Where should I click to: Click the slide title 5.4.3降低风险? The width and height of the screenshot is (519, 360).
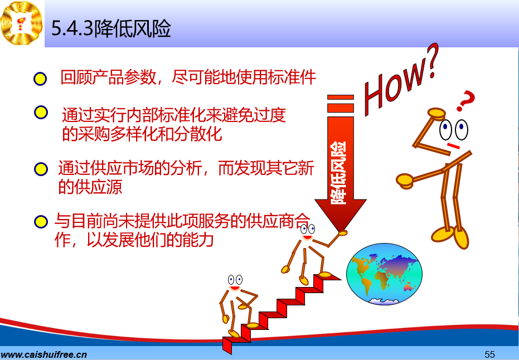pyautogui.click(x=111, y=28)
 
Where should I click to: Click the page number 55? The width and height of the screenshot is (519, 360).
pyautogui.click(x=489, y=354)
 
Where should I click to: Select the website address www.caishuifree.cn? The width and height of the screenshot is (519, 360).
pyautogui.click(x=43, y=354)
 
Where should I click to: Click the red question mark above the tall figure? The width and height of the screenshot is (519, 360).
pyautogui.click(x=465, y=100)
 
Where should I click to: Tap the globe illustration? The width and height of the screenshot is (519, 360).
pyautogui.click(x=384, y=274)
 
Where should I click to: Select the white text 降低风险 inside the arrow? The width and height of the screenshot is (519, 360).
pyautogui.click(x=338, y=173)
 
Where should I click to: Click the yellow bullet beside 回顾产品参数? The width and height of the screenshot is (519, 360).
pyautogui.click(x=40, y=79)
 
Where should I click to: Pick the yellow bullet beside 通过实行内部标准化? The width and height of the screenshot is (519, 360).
pyautogui.click(x=41, y=113)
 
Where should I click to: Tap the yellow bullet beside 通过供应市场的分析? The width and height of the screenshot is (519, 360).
pyautogui.click(x=41, y=169)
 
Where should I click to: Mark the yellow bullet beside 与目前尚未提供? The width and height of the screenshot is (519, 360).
pyautogui.click(x=41, y=222)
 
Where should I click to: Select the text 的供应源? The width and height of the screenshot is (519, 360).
pyautogui.click(x=90, y=186)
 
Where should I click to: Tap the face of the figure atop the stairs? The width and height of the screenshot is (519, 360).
pyautogui.click(x=308, y=232)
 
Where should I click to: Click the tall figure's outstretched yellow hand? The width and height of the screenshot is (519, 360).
pyautogui.click(x=405, y=181)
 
